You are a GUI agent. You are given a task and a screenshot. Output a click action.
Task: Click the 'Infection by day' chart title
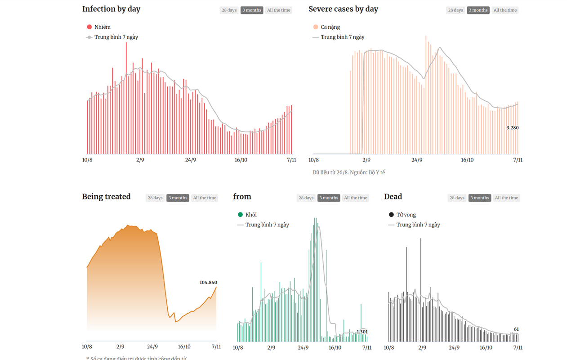point(111,9)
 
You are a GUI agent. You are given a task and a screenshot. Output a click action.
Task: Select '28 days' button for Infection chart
point(229,10)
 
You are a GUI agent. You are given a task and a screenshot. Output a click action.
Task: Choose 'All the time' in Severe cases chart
point(505,10)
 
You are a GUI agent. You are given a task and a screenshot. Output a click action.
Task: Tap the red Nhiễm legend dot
point(89,27)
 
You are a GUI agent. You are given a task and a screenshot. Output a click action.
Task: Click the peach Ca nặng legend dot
point(316,27)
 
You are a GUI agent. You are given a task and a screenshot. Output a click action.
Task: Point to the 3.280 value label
point(513,128)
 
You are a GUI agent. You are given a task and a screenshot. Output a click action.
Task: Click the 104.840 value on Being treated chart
point(208,282)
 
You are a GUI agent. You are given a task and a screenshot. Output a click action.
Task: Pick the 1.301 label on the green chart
point(362,332)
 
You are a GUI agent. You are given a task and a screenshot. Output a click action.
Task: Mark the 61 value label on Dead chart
point(516,329)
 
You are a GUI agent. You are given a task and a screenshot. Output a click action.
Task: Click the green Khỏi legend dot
point(240,215)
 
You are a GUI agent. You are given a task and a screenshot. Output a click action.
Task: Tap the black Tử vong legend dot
point(391,215)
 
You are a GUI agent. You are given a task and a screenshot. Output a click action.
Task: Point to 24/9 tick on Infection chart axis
point(191,160)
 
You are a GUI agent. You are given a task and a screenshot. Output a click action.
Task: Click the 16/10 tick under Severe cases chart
point(467,160)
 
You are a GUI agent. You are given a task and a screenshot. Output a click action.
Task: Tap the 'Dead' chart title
point(393,197)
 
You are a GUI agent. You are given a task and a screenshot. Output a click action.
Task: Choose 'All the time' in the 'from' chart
point(356,198)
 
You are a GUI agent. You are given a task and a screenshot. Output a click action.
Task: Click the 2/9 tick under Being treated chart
point(120,346)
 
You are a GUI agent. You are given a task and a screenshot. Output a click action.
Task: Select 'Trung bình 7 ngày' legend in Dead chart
point(418,225)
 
